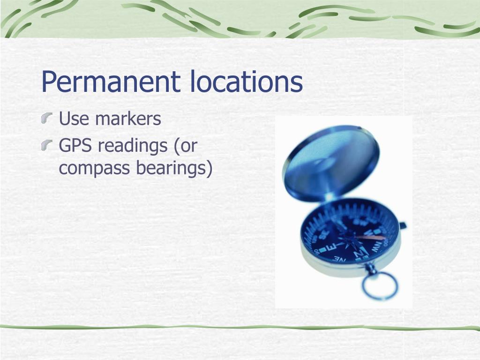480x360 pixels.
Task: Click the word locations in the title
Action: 246,81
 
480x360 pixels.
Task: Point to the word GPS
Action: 75,146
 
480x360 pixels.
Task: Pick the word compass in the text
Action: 94,168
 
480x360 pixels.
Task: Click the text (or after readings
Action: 185,146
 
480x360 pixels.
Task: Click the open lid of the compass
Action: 331,159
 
